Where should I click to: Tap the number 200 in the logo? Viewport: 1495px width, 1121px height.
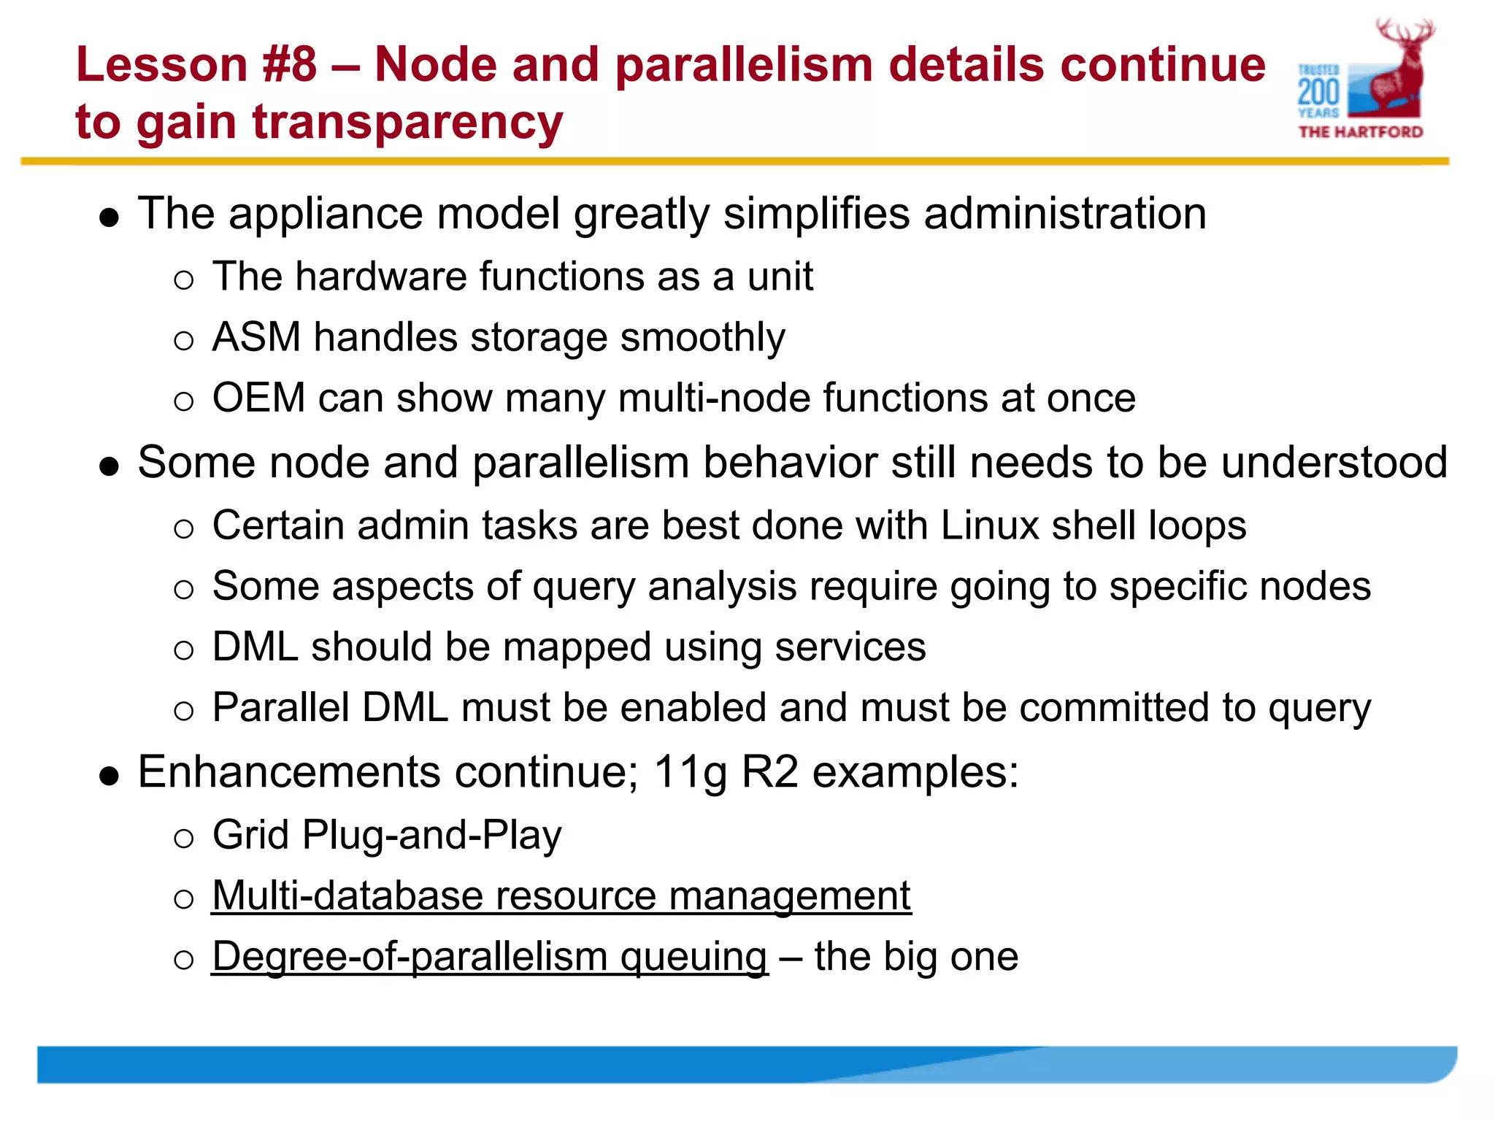point(1318,93)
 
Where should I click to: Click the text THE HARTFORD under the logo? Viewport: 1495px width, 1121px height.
point(1361,132)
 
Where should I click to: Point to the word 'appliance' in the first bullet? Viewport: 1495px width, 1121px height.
point(326,214)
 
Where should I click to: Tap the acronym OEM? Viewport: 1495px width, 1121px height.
point(258,398)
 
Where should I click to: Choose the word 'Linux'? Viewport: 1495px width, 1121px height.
point(989,525)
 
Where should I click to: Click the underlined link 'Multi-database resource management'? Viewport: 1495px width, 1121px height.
point(561,895)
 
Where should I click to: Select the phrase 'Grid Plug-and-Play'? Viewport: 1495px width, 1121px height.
point(387,835)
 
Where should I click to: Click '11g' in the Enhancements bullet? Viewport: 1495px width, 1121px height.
point(690,772)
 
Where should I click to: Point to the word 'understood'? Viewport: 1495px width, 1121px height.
point(1334,463)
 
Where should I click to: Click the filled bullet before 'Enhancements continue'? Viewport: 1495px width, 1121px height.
point(109,776)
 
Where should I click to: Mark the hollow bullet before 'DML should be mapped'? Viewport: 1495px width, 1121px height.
point(184,650)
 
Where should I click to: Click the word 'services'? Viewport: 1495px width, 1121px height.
point(850,647)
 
